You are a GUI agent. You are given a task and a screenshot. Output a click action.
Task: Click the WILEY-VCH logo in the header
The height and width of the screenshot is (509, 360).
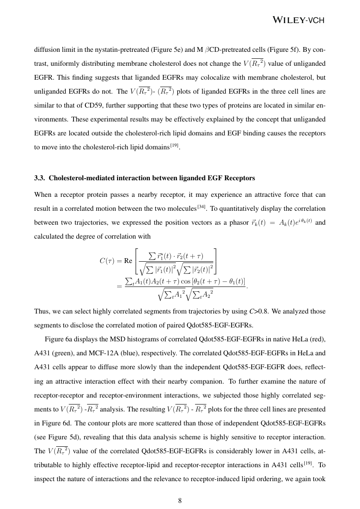click(299, 20)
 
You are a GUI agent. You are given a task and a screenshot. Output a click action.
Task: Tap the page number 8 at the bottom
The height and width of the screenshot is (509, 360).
click(180, 501)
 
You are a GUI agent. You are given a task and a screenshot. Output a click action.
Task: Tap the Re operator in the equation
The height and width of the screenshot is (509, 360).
click(128, 261)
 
